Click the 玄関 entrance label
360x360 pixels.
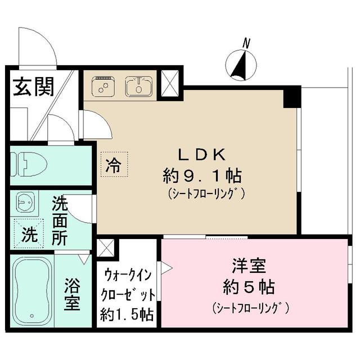pos(33,87)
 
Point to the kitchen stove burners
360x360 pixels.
pos(102,86)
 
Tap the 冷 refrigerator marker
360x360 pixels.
pos(114,164)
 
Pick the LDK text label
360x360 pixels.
pos(202,154)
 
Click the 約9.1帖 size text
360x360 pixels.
pos(203,175)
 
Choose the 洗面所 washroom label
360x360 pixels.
pos(60,219)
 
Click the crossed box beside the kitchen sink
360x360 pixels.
pos(169,83)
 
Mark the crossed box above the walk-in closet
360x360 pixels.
pos(106,248)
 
